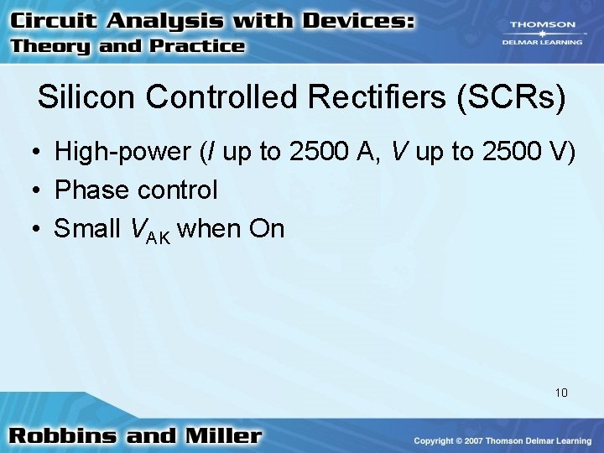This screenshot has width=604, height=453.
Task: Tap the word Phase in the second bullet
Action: point(87,190)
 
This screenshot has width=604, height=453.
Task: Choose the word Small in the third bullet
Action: point(85,228)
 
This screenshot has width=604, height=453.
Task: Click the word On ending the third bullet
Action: point(266,228)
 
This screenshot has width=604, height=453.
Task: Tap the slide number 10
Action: point(561,392)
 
